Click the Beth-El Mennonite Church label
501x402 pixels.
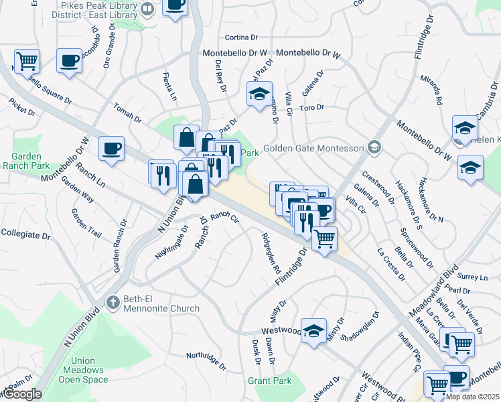(x=161, y=302)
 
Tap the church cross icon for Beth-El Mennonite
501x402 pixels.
(x=113, y=302)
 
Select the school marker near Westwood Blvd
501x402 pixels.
(x=313, y=331)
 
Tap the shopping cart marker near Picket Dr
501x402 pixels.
(x=27, y=62)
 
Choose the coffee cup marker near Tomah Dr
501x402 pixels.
(x=112, y=148)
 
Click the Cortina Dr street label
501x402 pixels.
(x=242, y=38)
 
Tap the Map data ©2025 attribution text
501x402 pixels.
(x=472, y=397)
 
